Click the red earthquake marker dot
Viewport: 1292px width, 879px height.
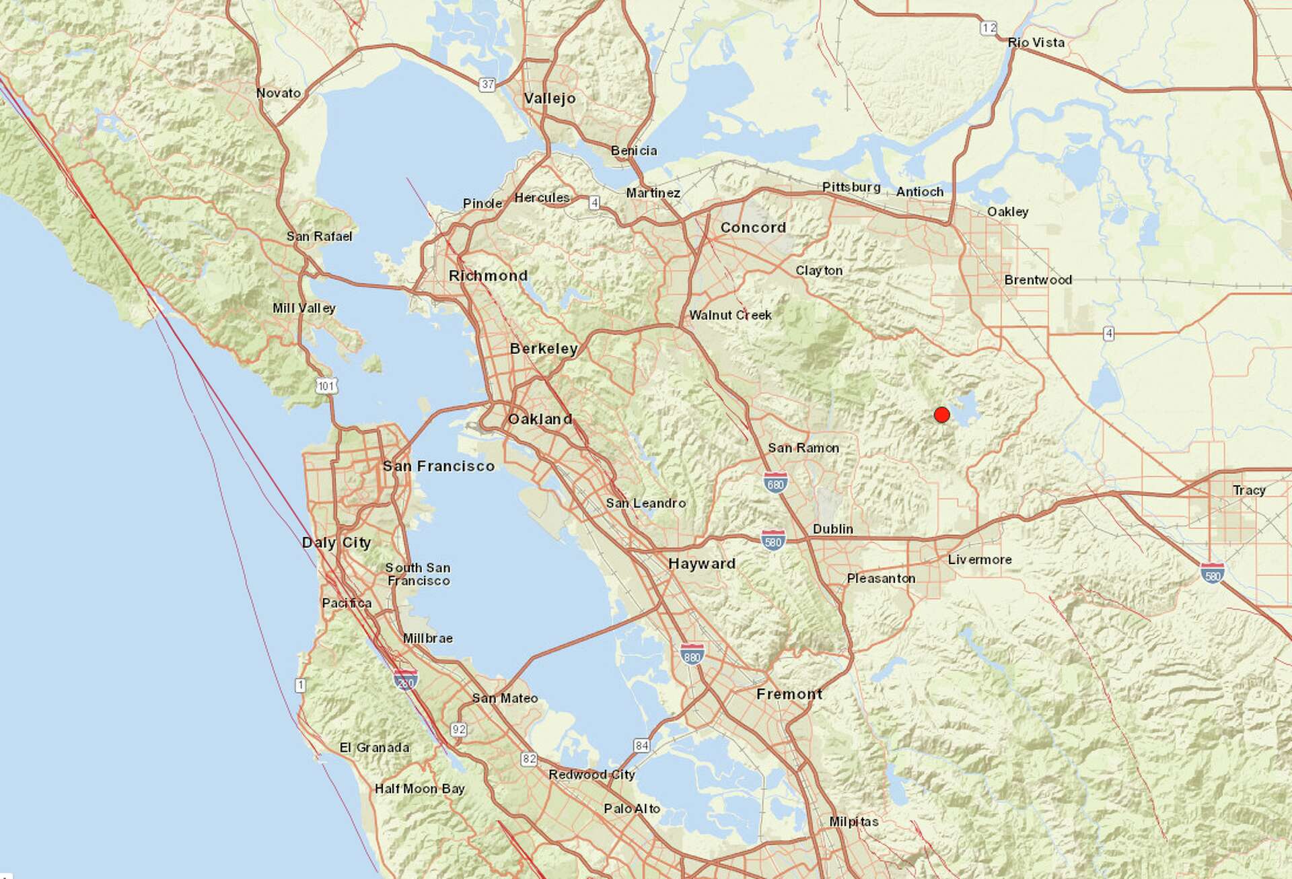click(x=942, y=415)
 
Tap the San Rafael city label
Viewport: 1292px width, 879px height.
click(x=319, y=236)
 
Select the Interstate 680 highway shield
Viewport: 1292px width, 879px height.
click(x=775, y=483)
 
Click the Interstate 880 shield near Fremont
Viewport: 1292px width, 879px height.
click(x=692, y=654)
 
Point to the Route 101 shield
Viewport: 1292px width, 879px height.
click(x=326, y=386)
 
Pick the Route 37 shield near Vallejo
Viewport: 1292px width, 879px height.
click(x=488, y=84)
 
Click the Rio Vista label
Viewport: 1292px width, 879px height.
click(x=1036, y=42)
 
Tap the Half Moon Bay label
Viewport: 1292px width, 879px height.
click(x=420, y=788)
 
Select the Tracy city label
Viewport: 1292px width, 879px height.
click(x=1249, y=490)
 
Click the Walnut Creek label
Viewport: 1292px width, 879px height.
click(x=730, y=315)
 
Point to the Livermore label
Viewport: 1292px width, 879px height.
click(x=980, y=559)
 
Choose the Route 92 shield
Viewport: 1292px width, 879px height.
click(x=459, y=729)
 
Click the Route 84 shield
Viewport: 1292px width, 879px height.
click(x=642, y=745)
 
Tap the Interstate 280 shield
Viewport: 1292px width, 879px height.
click(x=405, y=680)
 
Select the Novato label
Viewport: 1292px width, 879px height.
click(x=279, y=93)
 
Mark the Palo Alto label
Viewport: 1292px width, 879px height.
click(x=632, y=808)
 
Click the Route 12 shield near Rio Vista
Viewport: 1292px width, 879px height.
click(x=989, y=28)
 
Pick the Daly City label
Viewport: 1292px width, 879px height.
click(x=336, y=542)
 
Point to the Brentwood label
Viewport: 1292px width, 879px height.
click(x=1038, y=280)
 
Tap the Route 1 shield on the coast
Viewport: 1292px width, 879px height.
click(x=300, y=685)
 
